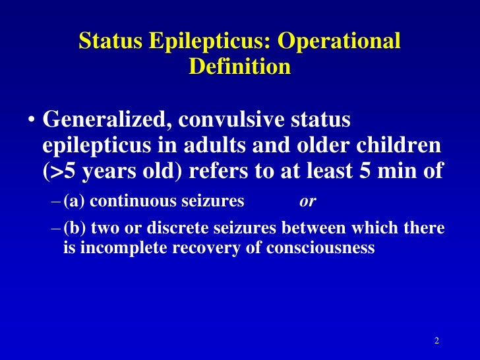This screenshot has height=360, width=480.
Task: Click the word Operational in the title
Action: (338, 41)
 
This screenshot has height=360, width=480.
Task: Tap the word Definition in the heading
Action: (239, 67)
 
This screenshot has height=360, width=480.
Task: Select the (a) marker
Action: (74, 202)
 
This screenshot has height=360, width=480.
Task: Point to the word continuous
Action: (133, 202)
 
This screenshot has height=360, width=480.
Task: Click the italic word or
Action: (307, 202)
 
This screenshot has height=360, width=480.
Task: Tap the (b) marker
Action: (75, 228)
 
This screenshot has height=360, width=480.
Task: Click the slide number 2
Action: (436, 340)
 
